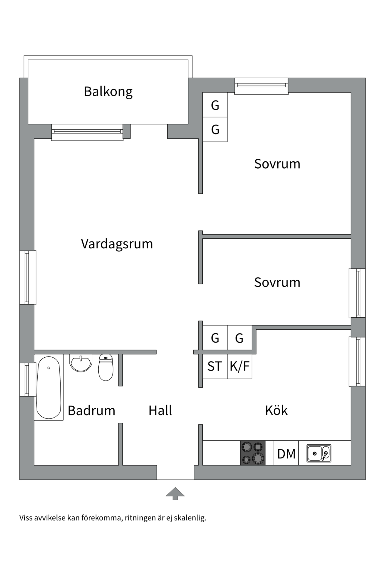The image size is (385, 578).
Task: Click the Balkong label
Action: pos(108,92)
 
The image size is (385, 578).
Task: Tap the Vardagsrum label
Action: pos(117,244)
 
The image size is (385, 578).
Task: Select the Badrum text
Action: pos(91,411)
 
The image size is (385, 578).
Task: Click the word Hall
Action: pos(160,411)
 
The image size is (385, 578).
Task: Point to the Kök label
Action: pos(276,411)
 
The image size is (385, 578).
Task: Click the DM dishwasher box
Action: pos(286,453)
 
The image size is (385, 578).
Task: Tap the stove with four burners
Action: pos(253,453)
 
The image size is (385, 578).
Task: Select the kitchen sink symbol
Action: pos(319,453)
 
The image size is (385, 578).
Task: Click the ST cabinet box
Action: pos(215,366)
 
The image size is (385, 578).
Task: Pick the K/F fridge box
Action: pos(240,366)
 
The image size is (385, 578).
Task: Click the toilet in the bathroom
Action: pos(106,368)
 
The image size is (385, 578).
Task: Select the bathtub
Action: pos(49,388)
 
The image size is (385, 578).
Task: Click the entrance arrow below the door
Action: pos(175,494)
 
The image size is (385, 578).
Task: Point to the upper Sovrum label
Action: pos(277,164)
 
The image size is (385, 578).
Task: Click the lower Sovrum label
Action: pos(277,282)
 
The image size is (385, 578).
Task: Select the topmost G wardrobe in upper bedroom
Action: pos(215,105)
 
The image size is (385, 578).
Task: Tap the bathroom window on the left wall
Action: pos(27,379)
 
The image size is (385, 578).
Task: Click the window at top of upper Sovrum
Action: pos(261,85)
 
